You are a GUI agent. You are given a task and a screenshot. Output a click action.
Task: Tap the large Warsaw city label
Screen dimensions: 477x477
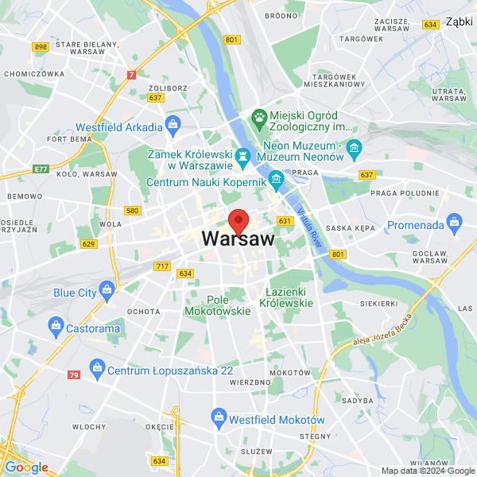coord(238,238)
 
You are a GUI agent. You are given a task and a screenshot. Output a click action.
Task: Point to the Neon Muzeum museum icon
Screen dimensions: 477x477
coord(355,147)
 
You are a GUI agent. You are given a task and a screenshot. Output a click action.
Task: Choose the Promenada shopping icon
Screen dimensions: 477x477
coord(454,221)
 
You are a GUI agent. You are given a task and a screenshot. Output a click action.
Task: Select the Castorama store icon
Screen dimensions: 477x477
coord(56,324)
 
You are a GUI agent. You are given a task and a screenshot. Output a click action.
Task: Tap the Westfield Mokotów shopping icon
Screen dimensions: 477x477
coord(218,416)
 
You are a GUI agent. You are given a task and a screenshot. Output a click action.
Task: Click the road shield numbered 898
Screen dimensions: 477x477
coord(41,47)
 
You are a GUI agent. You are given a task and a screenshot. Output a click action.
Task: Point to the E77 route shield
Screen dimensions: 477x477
coord(41,169)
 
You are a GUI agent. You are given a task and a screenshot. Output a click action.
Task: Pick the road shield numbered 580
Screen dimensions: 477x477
coord(132,211)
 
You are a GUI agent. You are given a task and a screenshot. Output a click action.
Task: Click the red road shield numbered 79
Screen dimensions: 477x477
coord(74,374)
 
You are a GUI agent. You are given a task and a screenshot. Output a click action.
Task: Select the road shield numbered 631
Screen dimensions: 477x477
coord(285,220)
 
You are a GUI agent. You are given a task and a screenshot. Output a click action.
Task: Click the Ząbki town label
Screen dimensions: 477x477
coord(459,22)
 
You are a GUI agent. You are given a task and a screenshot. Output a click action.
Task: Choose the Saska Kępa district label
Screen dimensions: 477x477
coord(350,227)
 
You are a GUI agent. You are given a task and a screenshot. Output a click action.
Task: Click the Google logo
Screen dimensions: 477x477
coord(26,467)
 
